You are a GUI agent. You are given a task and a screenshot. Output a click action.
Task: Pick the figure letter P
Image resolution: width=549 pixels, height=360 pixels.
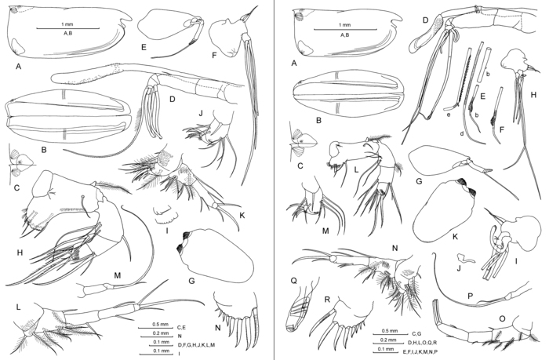pyautogui.click(x=470, y=296)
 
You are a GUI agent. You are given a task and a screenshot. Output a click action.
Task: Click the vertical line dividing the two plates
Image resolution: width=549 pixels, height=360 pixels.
pyautogui.click(x=274, y=180)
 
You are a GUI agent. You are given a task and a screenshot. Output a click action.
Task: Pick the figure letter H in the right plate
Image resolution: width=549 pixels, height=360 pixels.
pyautogui.click(x=533, y=95)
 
